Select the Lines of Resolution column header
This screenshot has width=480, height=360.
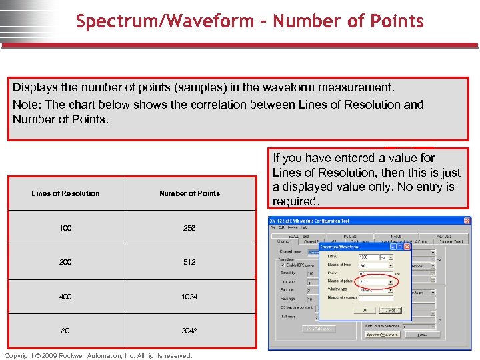coord(65,193)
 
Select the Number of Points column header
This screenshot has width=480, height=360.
coord(189,193)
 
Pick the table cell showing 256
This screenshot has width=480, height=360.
coord(189,228)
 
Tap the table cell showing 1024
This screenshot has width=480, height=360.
coord(189,297)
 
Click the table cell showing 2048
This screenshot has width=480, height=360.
coord(189,331)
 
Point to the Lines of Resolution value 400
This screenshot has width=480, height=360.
coord(65,297)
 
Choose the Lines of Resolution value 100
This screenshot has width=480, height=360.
coord(65,228)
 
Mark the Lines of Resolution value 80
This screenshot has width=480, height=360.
coord(65,331)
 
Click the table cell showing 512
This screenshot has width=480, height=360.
coord(189,262)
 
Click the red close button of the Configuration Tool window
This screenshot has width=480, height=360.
coord(467,221)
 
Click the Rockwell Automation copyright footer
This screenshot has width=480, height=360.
coord(98,355)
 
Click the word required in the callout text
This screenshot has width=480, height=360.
coord(296,201)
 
